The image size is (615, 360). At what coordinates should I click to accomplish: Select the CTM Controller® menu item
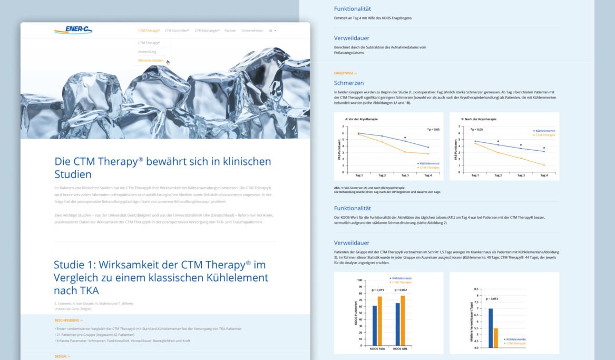tap(177, 31)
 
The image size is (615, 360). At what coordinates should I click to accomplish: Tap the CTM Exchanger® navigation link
tap(207, 31)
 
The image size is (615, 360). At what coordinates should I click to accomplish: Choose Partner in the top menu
tap(230, 31)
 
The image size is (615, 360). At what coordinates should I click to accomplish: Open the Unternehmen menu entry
tap(252, 31)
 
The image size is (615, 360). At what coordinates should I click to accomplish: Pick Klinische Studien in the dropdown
tap(151, 61)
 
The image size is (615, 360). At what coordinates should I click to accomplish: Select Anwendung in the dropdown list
tap(147, 52)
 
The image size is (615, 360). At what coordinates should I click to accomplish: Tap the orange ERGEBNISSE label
tap(345, 73)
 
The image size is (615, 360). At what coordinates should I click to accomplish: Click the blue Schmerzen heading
tap(349, 83)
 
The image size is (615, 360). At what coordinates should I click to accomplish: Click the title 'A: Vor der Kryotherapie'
tap(362, 119)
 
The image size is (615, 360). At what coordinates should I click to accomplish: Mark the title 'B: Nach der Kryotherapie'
tap(478, 119)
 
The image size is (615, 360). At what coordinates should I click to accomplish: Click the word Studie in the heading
tap(73, 265)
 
